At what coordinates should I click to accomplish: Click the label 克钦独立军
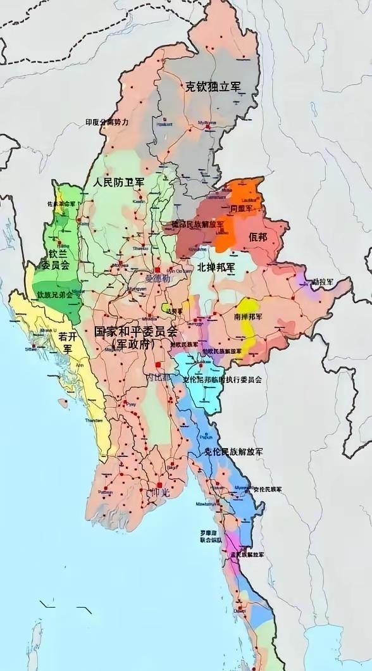pyautogui.click(x=213, y=87)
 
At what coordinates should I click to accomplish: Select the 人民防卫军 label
pyautogui.click(x=118, y=182)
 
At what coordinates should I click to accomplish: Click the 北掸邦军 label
pyautogui.click(x=215, y=267)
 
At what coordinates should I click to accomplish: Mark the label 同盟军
pyautogui.click(x=242, y=208)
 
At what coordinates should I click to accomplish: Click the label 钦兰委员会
pyautogui.click(x=59, y=260)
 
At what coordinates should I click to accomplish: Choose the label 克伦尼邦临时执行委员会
pyautogui.click(x=222, y=380)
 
